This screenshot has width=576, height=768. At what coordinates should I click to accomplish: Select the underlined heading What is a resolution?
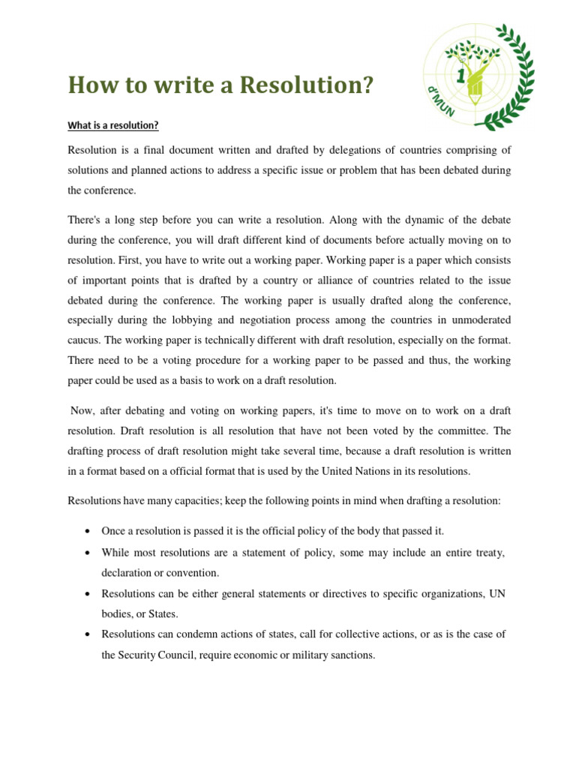(113, 125)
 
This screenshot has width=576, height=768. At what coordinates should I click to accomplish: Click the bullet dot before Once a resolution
(88, 531)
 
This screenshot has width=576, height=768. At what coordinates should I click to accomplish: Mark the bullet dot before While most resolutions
(88, 553)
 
